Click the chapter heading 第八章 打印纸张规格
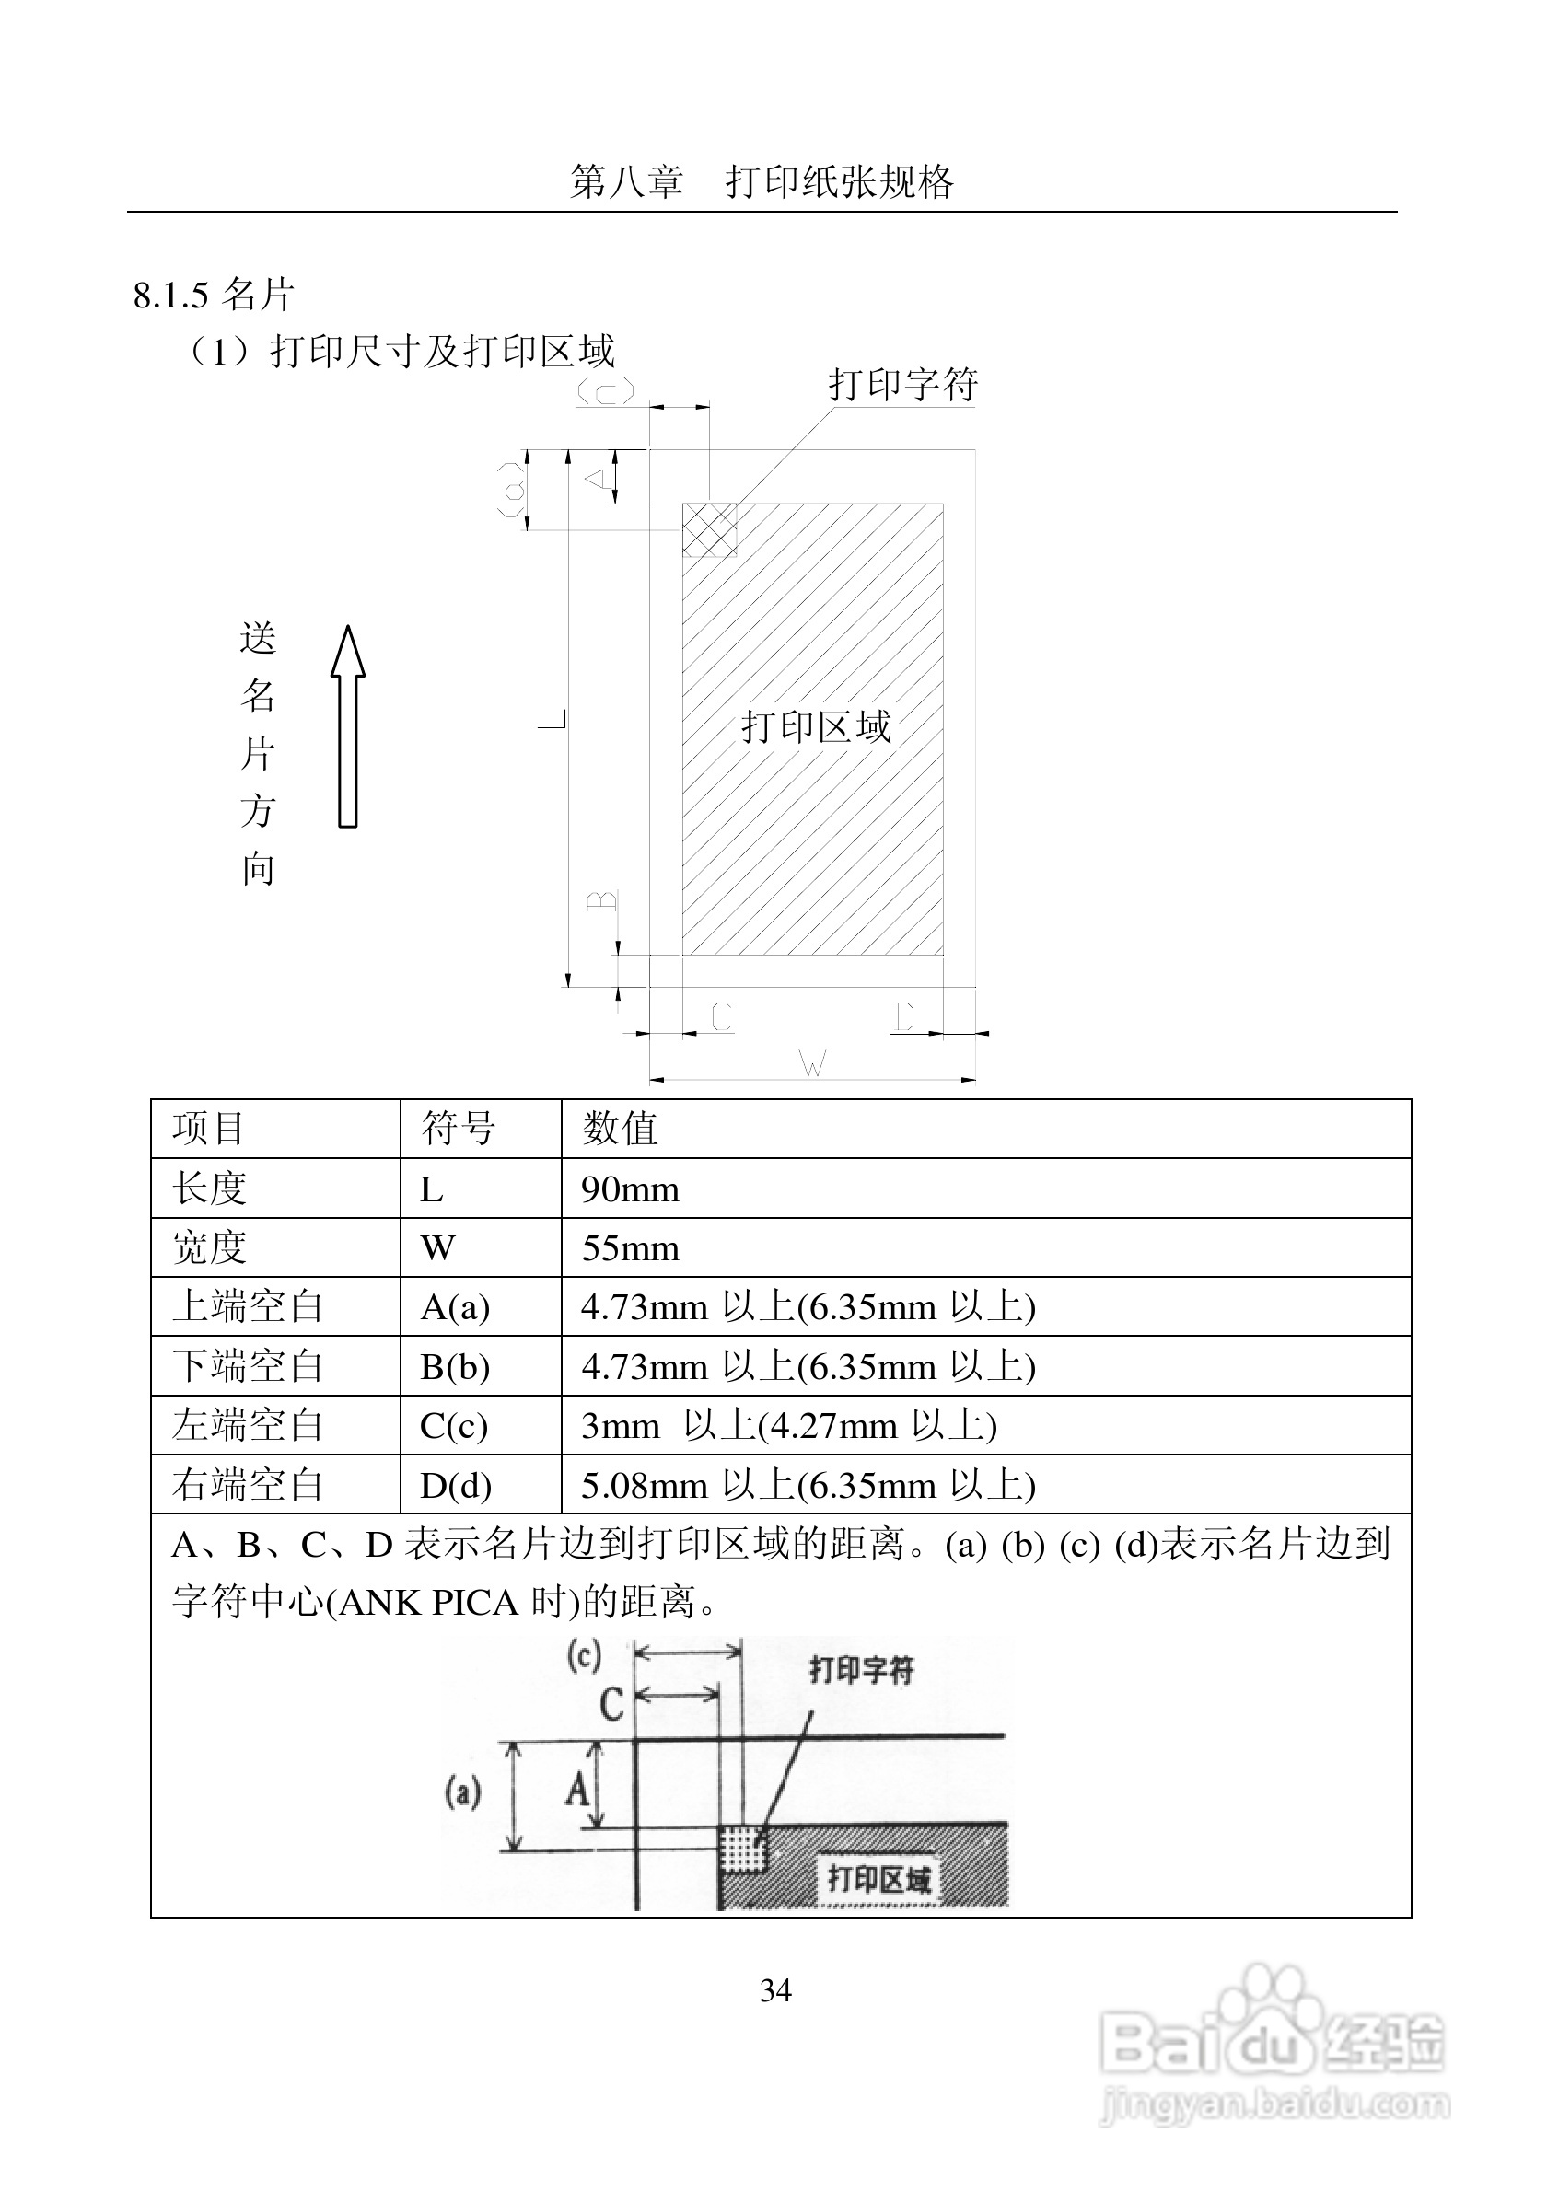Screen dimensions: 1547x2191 coord(762,181)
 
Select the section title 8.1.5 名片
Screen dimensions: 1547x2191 coord(213,295)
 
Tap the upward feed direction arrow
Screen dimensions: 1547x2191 coord(348,726)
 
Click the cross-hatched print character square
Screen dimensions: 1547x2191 coord(710,529)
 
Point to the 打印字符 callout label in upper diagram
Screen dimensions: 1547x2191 coord(902,385)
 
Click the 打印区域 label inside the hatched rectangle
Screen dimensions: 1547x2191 coord(816,727)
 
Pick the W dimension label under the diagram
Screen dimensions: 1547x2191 coord(812,1063)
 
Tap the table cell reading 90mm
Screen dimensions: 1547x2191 coord(631,1189)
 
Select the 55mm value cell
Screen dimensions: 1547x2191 coord(631,1248)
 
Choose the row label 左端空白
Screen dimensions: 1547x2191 coord(248,1426)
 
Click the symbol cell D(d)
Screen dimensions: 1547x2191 coord(455,1485)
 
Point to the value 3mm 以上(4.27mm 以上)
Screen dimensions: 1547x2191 coord(788,1426)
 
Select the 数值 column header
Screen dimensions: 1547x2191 coord(621,1129)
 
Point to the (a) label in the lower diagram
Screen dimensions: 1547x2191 coord(463,1792)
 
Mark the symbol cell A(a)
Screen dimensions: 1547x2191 coord(454,1307)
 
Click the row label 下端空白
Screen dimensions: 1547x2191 coord(248,1366)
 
